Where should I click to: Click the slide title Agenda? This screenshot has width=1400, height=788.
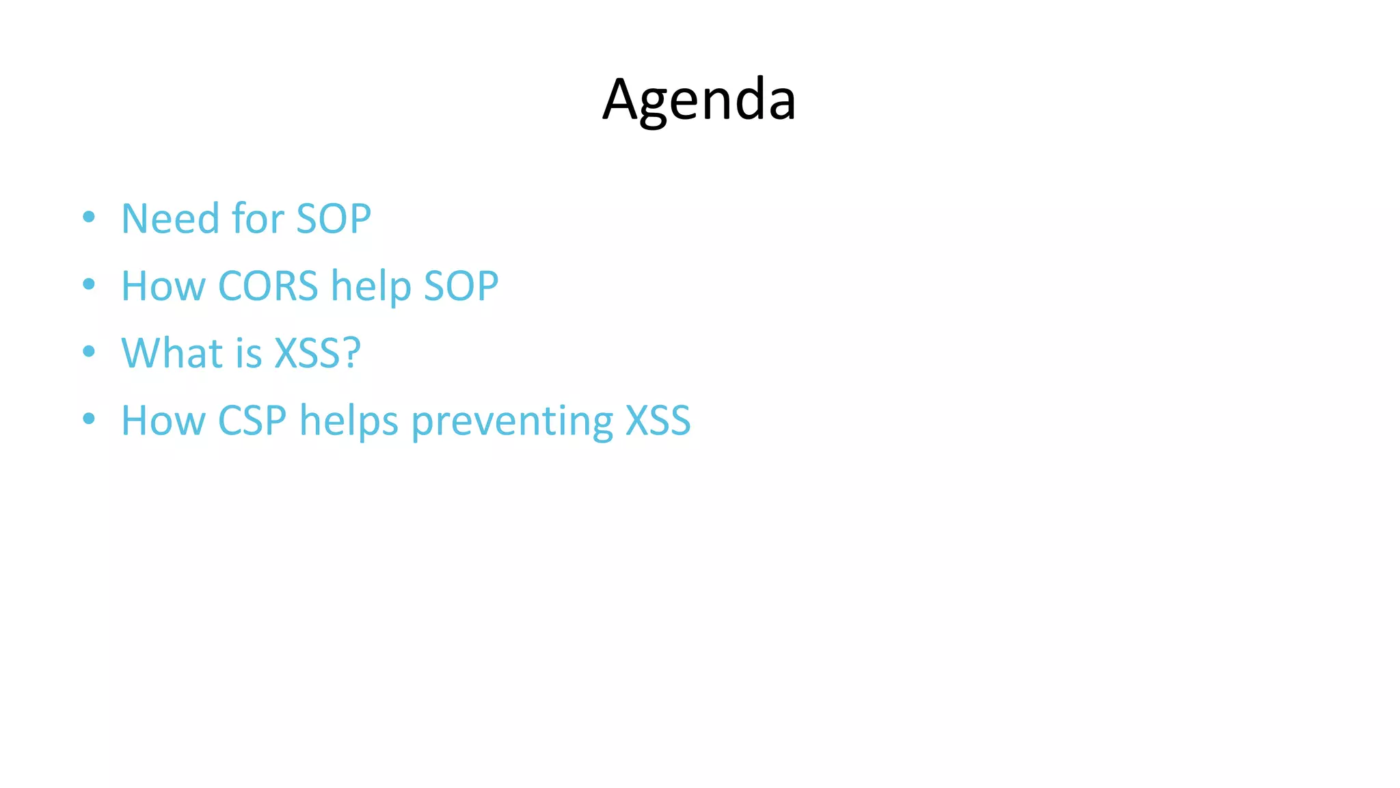[x=699, y=100]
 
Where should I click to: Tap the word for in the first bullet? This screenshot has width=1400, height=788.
[x=258, y=219]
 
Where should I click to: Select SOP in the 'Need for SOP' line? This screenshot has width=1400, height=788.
[x=334, y=219]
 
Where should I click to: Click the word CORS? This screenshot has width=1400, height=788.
[x=268, y=286]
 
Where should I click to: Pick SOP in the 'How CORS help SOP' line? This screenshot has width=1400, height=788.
[x=461, y=286]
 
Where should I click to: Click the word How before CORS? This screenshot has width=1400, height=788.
[x=163, y=286]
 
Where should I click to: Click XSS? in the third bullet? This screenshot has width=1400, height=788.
[x=317, y=353]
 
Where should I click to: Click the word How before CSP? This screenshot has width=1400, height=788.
[x=163, y=420]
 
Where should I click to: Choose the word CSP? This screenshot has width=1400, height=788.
[x=252, y=420]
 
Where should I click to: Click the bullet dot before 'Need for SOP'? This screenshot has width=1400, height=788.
[x=89, y=218]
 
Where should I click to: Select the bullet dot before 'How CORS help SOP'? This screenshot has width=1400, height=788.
[x=89, y=285]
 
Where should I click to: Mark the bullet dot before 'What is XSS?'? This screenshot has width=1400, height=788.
[x=89, y=352]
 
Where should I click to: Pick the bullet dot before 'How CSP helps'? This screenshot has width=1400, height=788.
[x=89, y=419]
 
